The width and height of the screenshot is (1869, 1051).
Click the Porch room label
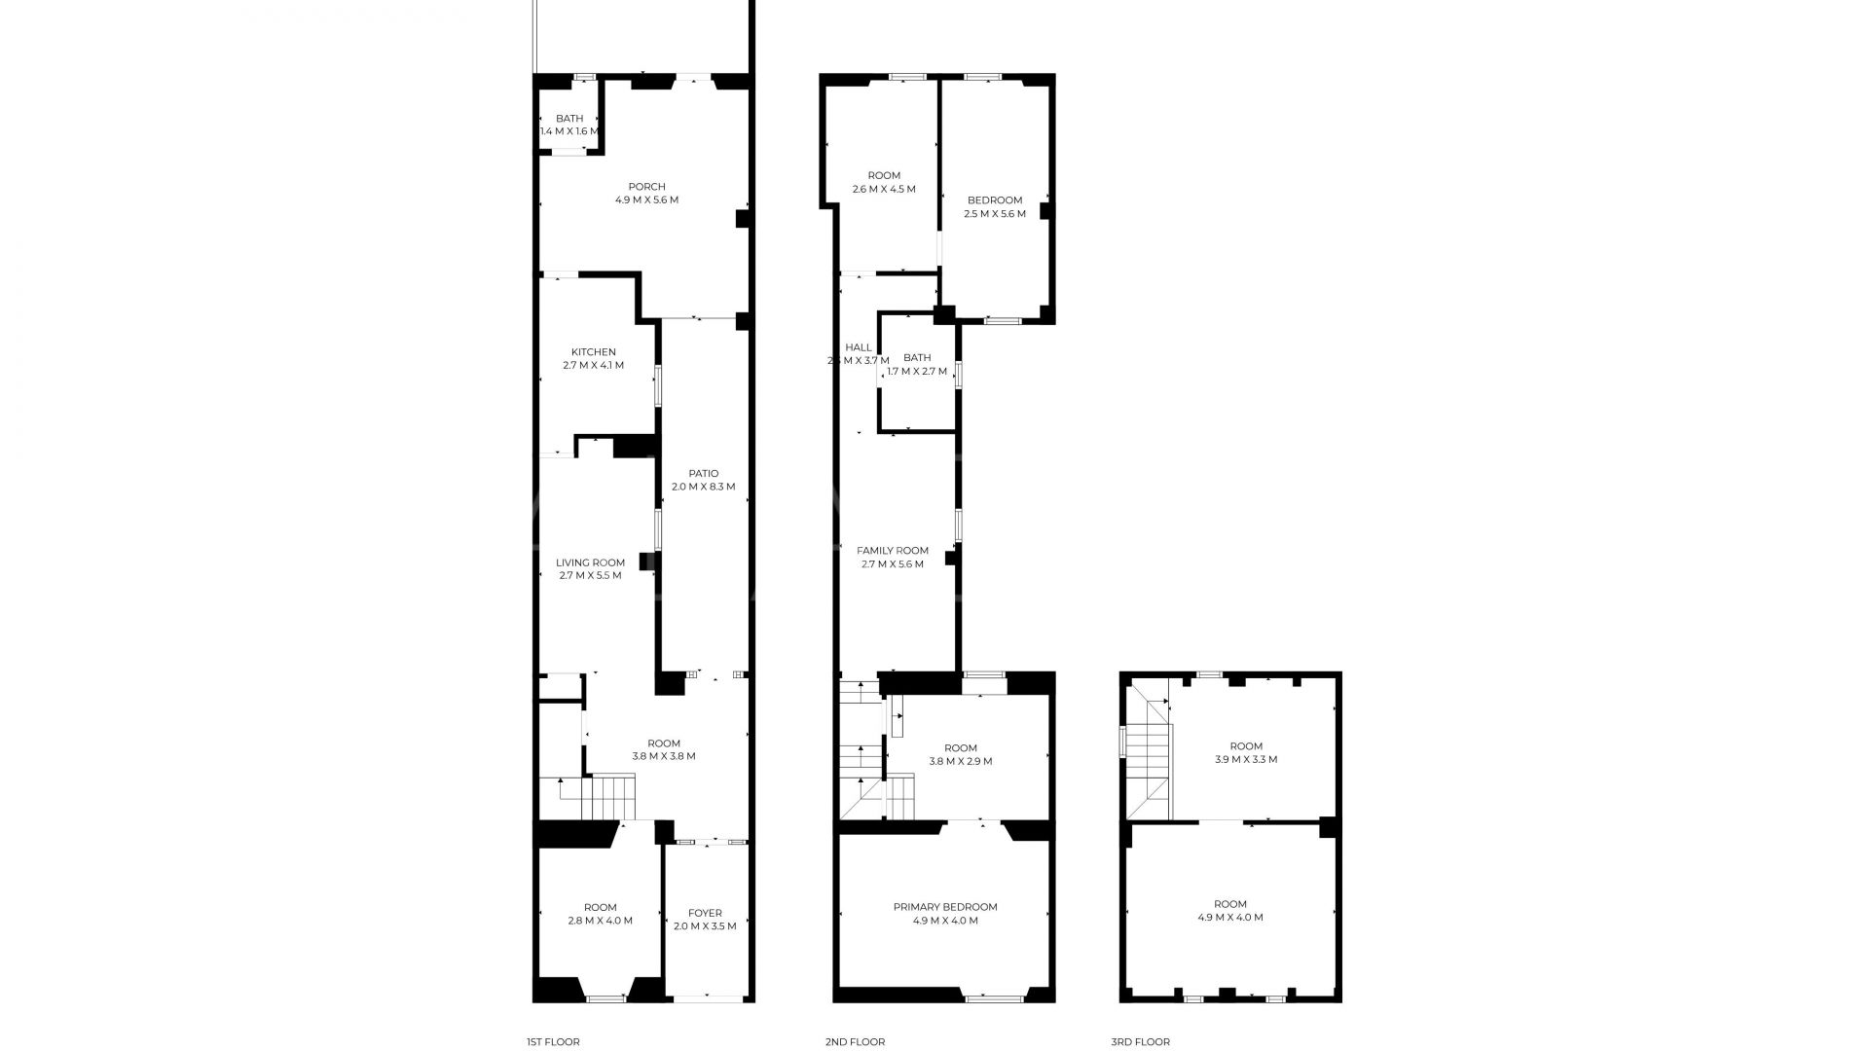[x=646, y=187]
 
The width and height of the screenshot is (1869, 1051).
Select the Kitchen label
[x=593, y=352]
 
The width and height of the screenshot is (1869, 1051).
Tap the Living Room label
[x=590, y=562]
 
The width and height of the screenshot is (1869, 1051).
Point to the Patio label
[x=703, y=474]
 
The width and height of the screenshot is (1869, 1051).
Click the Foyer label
[x=705, y=913]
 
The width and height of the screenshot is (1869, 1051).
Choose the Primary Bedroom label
[x=945, y=907]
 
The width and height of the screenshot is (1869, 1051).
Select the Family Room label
[x=893, y=551]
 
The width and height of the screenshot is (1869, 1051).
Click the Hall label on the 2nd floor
[x=859, y=347]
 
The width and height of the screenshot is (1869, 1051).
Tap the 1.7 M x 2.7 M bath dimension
[x=917, y=371]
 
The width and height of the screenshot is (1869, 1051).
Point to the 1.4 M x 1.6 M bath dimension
[x=569, y=131]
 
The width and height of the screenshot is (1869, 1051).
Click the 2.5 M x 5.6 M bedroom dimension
[x=995, y=214]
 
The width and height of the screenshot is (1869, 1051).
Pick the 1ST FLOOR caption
[x=553, y=1042]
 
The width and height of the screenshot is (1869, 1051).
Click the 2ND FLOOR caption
[x=855, y=1042]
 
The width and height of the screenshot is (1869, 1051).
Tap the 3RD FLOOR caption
[x=1141, y=1042]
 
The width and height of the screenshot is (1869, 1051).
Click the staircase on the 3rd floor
[x=1148, y=759]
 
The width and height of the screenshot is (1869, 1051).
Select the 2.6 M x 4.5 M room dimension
[x=884, y=190]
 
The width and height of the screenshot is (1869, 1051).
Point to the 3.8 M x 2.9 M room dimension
[x=960, y=762]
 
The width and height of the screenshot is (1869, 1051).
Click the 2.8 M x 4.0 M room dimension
[x=601, y=921]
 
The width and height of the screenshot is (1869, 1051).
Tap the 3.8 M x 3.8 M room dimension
[x=664, y=756]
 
